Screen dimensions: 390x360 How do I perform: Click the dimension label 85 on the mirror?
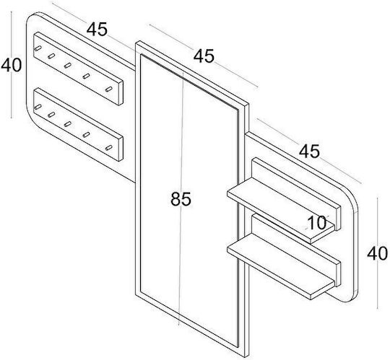point(181,199)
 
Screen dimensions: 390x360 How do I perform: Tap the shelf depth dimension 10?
point(316,222)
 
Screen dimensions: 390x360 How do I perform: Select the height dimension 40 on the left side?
point(11,65)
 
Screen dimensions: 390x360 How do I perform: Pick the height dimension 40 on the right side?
point(377,254)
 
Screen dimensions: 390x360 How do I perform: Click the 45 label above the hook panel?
point(97,29)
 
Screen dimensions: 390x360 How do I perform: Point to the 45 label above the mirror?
point(204,56)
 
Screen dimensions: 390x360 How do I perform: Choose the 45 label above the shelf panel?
point(309,151)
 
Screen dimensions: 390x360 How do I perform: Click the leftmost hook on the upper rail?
point(38,48)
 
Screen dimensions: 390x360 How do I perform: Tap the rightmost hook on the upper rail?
point(108,89)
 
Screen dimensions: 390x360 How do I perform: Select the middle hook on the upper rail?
point(67,66)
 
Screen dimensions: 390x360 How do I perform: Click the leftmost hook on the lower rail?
point(38,107)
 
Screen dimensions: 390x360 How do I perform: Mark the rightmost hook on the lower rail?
point(108,148)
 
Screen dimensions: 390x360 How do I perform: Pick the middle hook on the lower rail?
point(67,123)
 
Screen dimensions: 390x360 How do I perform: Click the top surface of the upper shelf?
point(281,208)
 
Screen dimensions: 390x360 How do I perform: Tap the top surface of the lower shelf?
point(281,265)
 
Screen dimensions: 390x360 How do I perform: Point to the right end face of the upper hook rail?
point(121,93)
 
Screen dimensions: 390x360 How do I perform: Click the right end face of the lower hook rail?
point(121,149)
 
